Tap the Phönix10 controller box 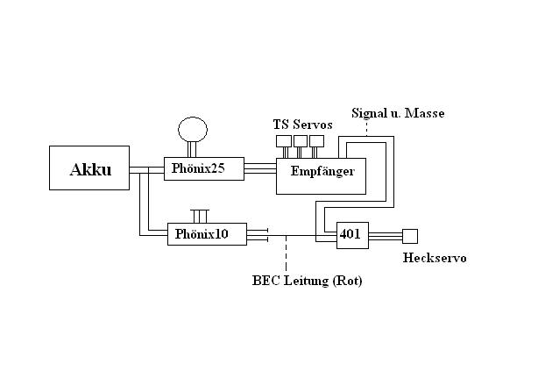pyautogui.click(x=207, y=234)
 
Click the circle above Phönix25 pyautogui.click(x=194, y=130)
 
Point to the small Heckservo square pyautogui.click(x=409, y=235)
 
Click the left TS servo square pyautogui.click(x=283, y=139)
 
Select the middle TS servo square pyautogui.click(x=300, y=139)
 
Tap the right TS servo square pyautogui.click(x=316, y=139)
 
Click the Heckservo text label pyautogui.click(x=435, y=258)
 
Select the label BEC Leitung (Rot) pyautogui.click(x=307, y=282)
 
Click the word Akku pyautogui.click(x=90, y=169)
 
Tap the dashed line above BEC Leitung pyautogui.click(x=285, y=255)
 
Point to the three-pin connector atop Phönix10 pyautogui.click(x=202, y=216)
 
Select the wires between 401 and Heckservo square pyautogui.click(x=386, y=235)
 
